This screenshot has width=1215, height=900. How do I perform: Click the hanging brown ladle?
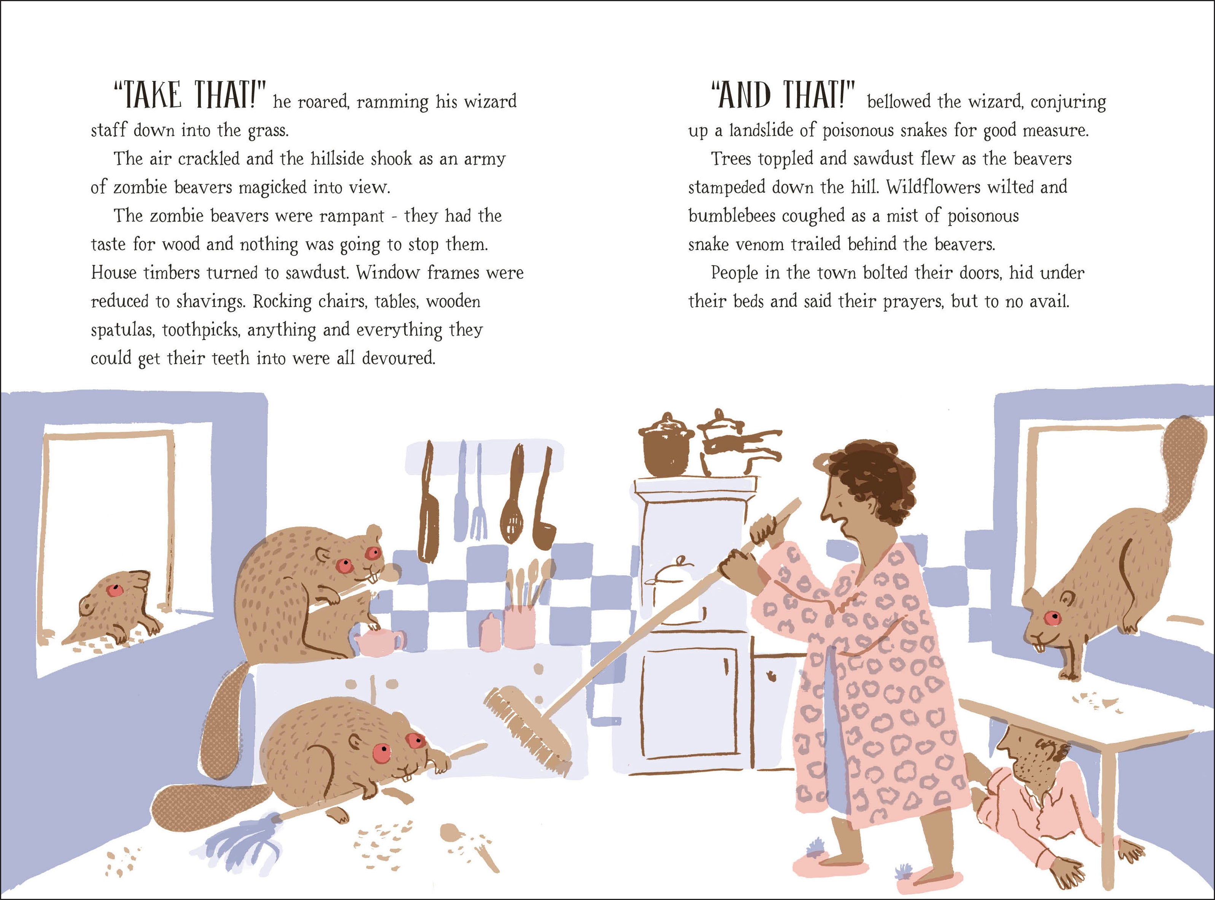(544, 499)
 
